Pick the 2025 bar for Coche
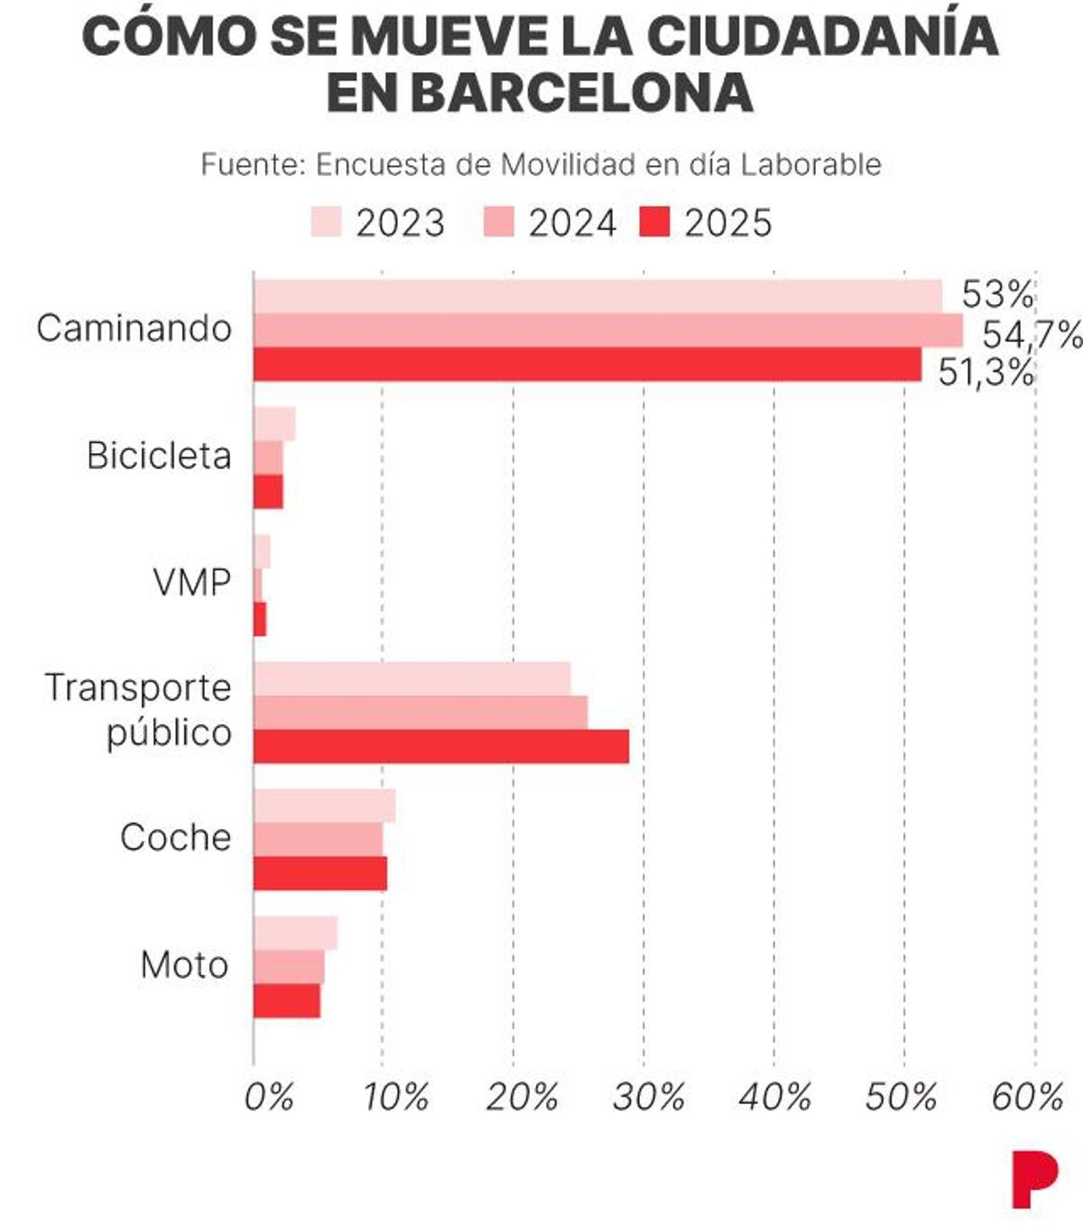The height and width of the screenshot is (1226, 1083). [x=320, y=874]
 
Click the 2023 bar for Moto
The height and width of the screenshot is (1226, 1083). [x=295, y=933]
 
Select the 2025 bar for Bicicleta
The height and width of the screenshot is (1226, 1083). [x=268, y=492]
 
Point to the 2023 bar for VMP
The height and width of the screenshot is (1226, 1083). [x=262, y=552]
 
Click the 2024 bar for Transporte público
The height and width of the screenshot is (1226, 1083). [x=421, y=712]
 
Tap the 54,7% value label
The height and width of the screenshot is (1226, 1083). [x=1031, y=335]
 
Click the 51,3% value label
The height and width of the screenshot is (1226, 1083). [x=986, y=372]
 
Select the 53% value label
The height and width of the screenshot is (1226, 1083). [x=997, y=294]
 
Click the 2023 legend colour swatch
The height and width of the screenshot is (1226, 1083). [x=326, y=222]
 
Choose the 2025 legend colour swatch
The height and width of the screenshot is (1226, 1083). [x=654, y=222]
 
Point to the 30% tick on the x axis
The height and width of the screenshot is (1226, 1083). [x=648, y=1097]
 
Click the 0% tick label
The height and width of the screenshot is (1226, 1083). [x=269, y=1097]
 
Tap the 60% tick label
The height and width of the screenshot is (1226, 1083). [x=1027, y=1097]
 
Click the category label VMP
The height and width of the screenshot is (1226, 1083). [x=191, y=583]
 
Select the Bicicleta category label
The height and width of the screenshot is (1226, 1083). [x=159, y=456]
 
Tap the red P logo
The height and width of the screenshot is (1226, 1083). [x=1033, y=1178]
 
